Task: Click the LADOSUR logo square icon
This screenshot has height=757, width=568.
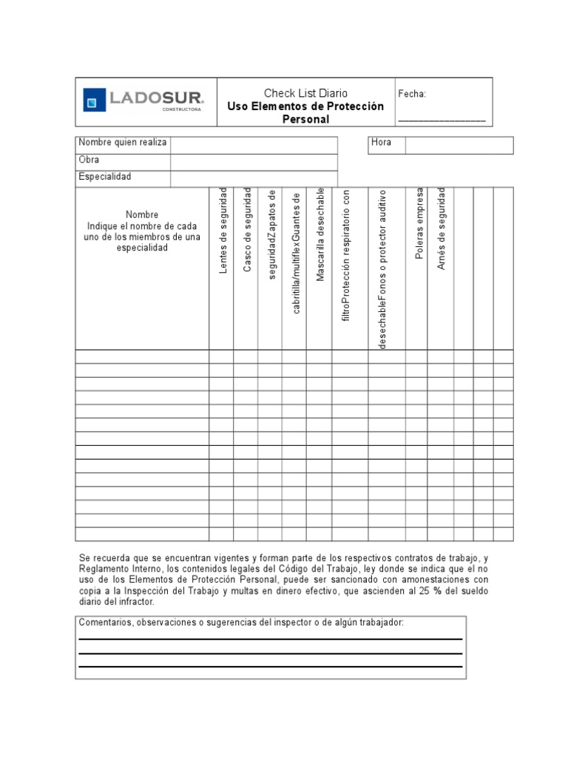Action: click(x=94, y=100)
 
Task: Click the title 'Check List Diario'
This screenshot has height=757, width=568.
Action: click(x=305, y=93)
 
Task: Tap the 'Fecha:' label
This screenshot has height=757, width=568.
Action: click(x=412, y=94)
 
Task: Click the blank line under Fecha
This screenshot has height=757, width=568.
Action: click(x=442, y=119)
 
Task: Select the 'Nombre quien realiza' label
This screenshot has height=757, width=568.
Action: click(x=123, y=143)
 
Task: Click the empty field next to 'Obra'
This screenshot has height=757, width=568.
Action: click(x=254, y=162)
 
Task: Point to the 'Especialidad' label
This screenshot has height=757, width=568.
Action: click(x=105, y=177)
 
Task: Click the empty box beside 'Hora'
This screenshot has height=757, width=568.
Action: click(x=459, y=145)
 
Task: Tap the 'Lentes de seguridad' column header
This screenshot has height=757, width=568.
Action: click(x=222, y=231)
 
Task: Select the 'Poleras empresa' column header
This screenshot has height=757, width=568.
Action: click(x=419, y=227)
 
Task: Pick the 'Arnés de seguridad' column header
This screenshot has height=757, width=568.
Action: click(x=442, y=228)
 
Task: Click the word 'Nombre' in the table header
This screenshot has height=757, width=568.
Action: click(x=142, y=215)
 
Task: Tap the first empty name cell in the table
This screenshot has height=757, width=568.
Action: click(x=142, y=357)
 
